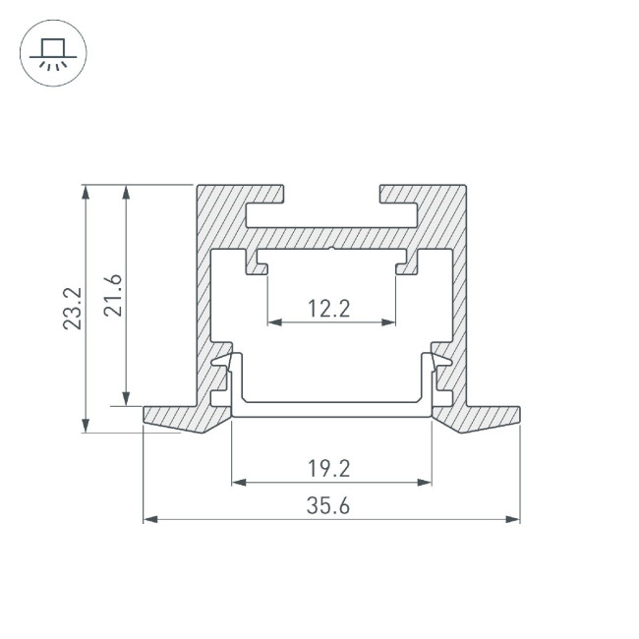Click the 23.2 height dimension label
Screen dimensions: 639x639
click(x=72, y=308)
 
